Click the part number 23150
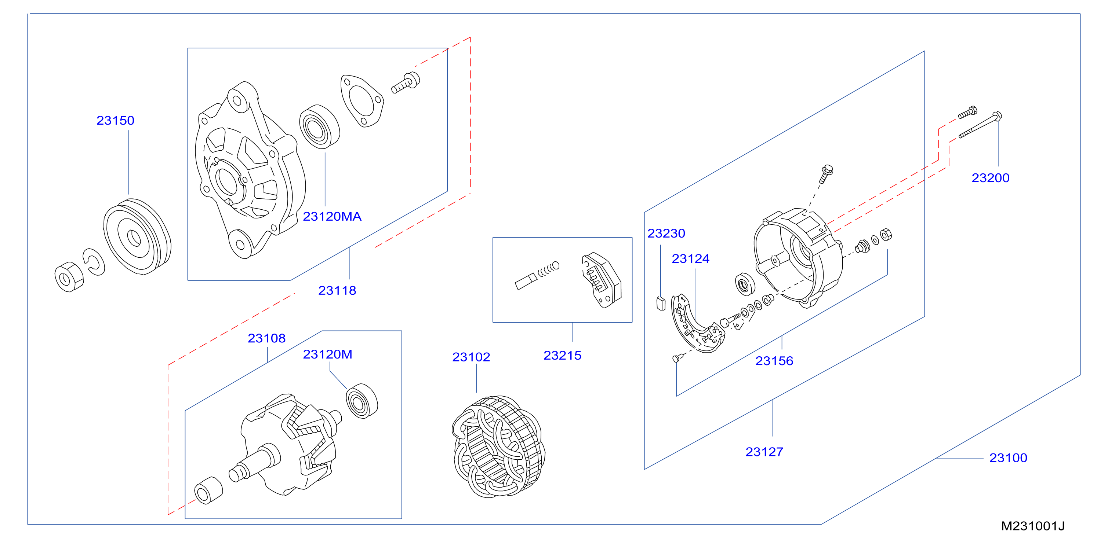[x=115, y=120]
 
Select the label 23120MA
[x=332, y=216]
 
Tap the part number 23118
[x=337, y=290]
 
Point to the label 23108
[x=267, y=338]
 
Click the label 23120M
[x=328, y=354]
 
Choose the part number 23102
[x=471, y=357]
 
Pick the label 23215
[x=562, y=355]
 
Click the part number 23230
[x=666, y=234]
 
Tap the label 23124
[x=691, y=259]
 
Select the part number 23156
[x=774, y=361]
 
